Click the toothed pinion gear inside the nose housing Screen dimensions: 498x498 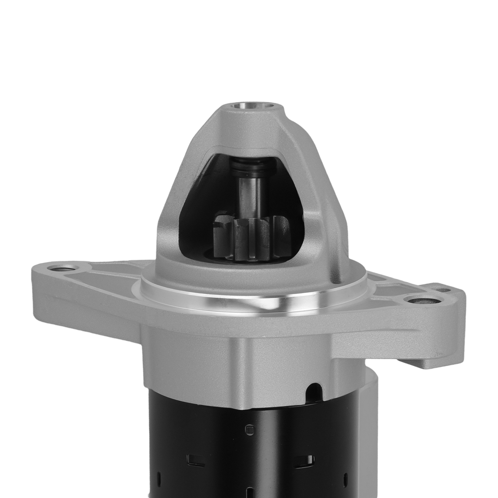tap(251, 239)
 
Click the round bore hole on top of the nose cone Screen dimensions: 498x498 tap(252, 106)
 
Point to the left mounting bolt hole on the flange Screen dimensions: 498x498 tap(62, 269)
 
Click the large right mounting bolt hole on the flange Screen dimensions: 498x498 tap(422, 300)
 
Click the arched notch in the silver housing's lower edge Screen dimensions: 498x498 tap(314, 391)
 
